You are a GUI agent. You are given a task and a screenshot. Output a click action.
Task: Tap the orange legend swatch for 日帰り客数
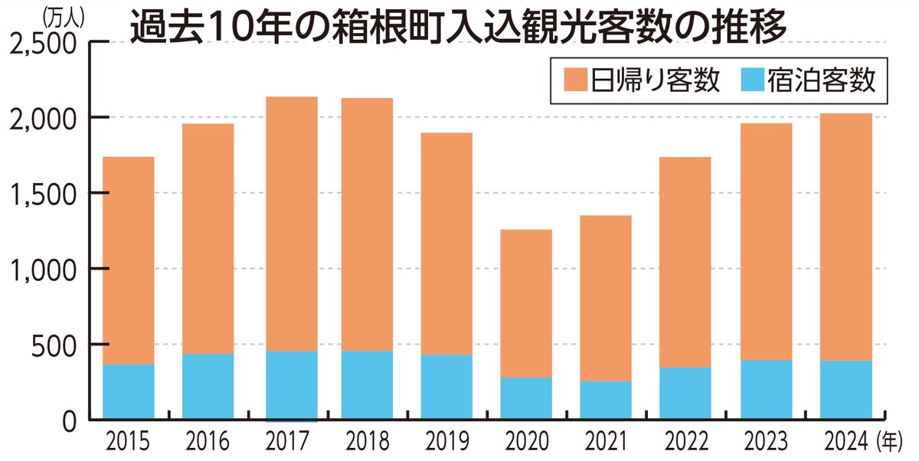pyautogui.click(x=575, y=80)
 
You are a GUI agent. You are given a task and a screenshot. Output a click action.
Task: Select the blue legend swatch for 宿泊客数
pyautogui.click(x=754, y=80)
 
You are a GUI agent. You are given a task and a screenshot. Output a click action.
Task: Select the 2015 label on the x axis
pyautogui.click(x=128, y=441)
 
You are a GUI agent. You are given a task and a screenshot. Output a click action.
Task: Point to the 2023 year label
pyautogui.click(x=764, y=441)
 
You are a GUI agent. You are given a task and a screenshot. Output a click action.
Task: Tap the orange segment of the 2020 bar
pyautogui.click(x=525, y=303)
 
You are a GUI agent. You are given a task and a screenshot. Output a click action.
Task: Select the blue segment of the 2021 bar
pyautogui.click(x=605, y=400)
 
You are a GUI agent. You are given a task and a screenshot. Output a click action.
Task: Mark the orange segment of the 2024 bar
pyautogui.click(x=846, y=237)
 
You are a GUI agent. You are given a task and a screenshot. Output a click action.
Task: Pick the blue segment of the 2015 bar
pyautogui.click(x=128, y=391)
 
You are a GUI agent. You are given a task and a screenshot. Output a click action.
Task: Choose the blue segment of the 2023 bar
pyautogui.click(x=766, y=389)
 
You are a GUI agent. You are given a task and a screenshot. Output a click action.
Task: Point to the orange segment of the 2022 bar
pyautogui.click(x=685, y=262)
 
